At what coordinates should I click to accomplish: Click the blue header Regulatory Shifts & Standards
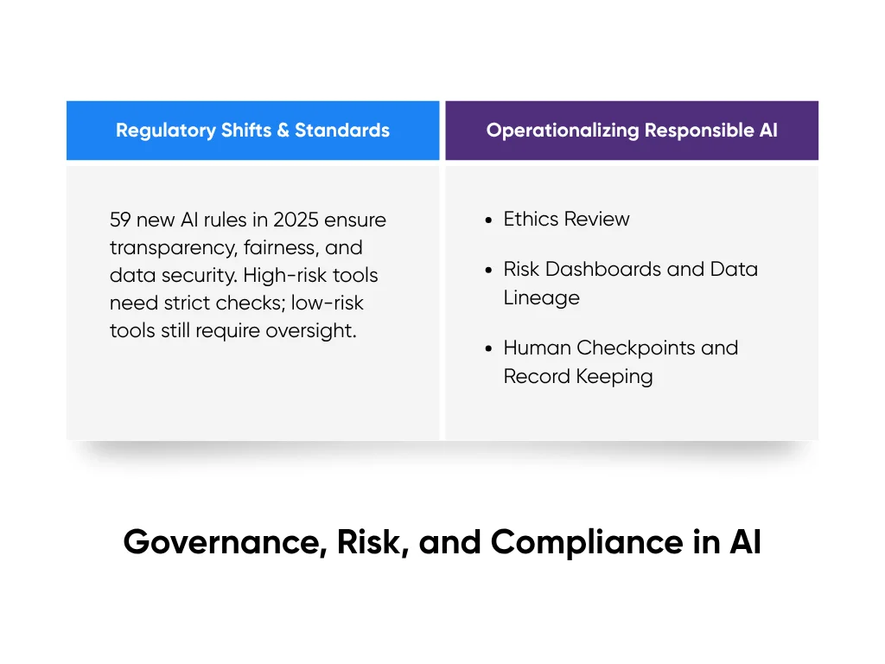click(x=252, y=131)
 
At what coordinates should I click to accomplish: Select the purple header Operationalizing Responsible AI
click(x=632, y=131)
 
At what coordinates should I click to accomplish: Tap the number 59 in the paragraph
click(x=121, y=220)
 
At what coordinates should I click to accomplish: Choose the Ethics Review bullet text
click(x=566, y=220)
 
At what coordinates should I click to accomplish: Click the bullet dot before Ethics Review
click(x=489, y=220)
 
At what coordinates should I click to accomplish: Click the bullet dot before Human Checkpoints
click(x=489, y=348)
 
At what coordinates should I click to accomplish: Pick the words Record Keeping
click(x=578, y=376)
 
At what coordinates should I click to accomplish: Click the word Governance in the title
click(x=223, y=542)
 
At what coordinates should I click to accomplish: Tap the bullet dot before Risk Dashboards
click(x=489, y=270)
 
